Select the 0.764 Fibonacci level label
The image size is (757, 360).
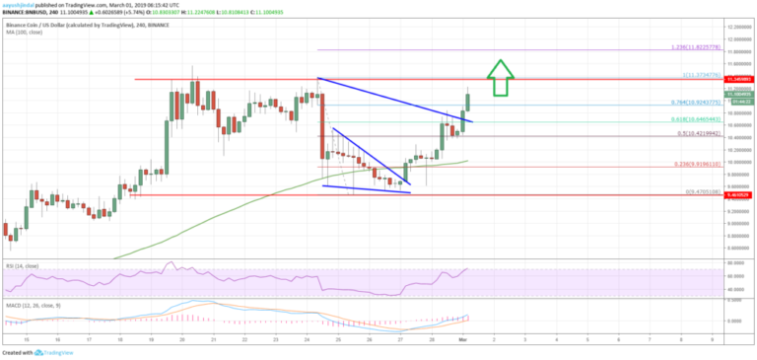tap(684, 103)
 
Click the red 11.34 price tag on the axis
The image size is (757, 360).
tap(736, 78)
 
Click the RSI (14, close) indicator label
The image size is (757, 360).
tap(22, 265)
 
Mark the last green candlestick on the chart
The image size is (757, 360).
tap(466, 99)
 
